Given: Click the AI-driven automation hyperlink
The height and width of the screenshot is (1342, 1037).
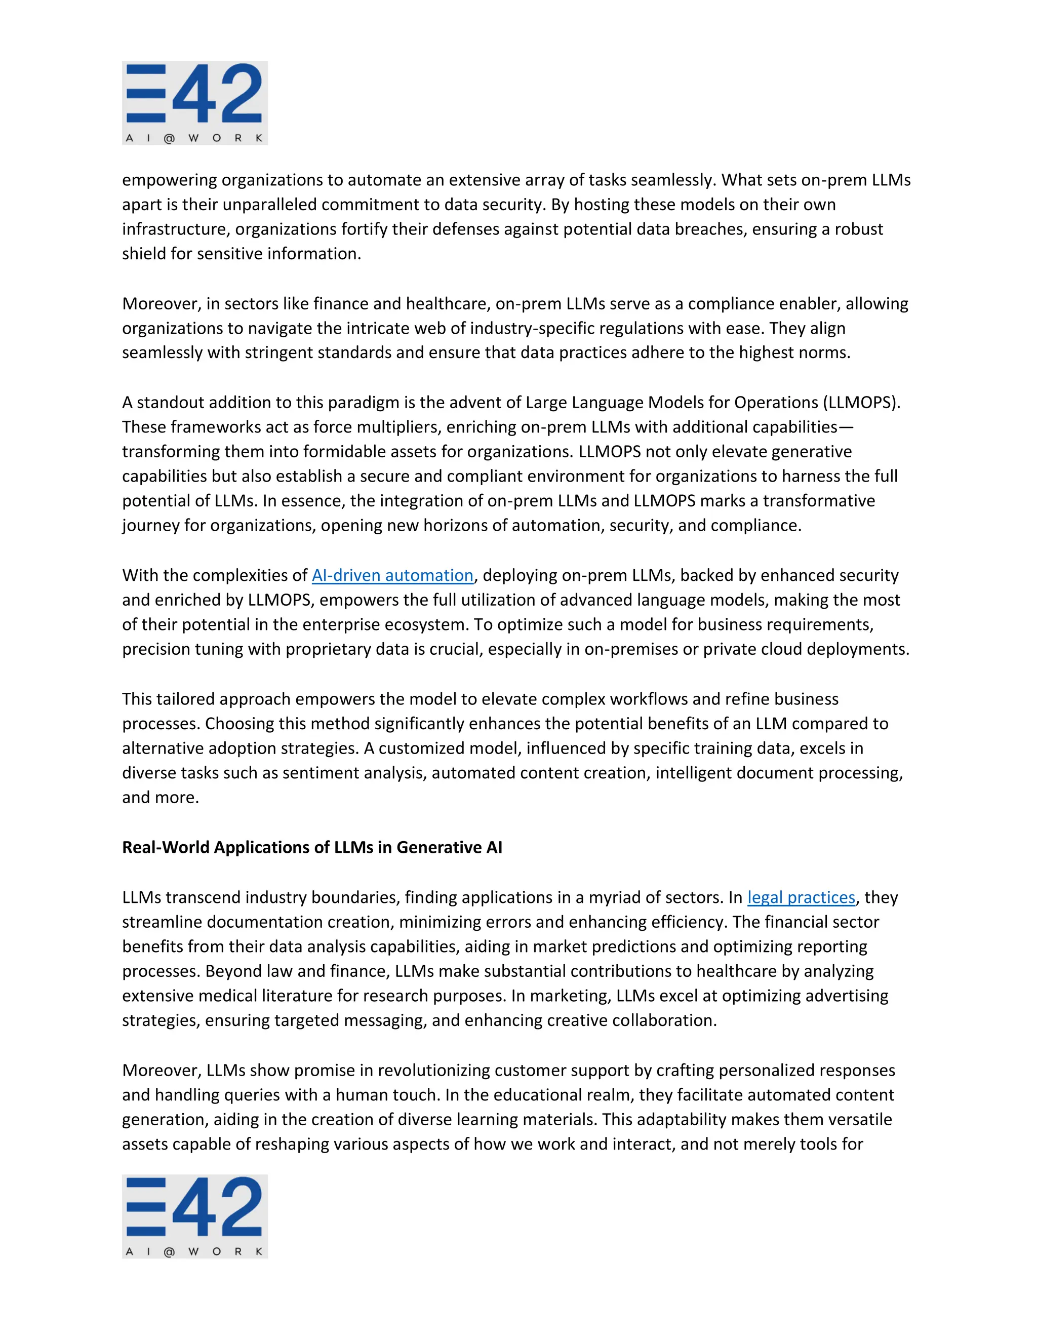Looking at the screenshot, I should [392, 575].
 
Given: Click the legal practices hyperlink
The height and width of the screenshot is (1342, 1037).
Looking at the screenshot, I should [801, 897].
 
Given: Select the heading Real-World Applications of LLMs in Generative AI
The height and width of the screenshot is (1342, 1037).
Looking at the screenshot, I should [312, 847].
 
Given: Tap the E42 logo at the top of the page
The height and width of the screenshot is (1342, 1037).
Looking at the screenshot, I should [195, 103].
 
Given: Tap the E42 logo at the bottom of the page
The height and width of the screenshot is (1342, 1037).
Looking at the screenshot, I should [195, 1216].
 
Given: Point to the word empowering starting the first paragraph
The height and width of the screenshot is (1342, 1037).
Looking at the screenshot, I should [169, 180].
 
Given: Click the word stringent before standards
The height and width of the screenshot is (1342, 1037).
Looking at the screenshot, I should [277, 352].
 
